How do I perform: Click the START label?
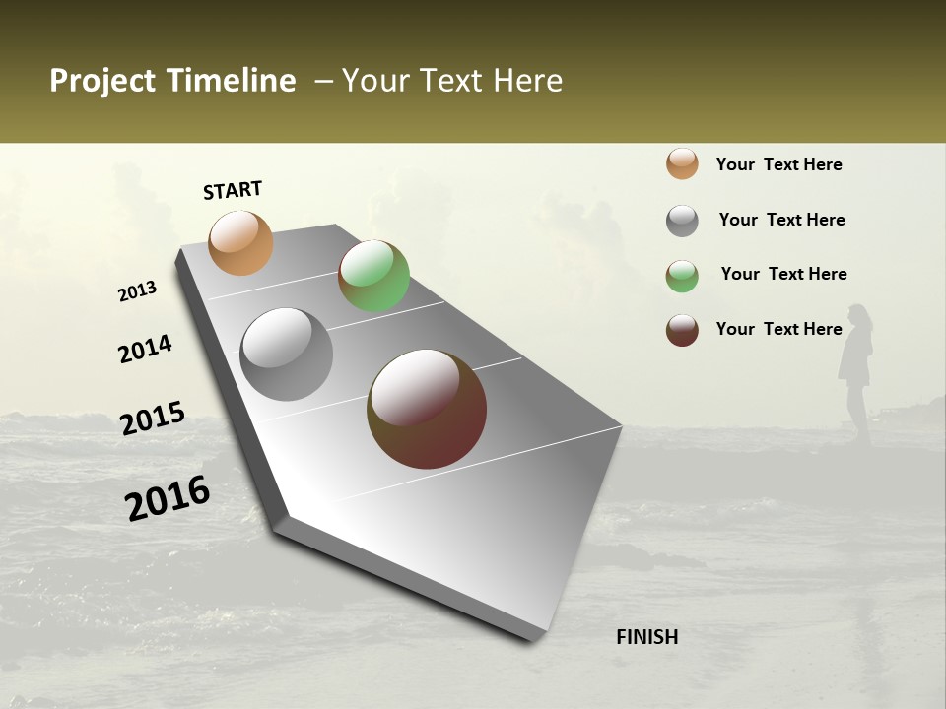(x=233, y=190)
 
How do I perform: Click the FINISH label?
(x=646, y=637)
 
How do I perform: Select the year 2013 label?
(x=138, y=291)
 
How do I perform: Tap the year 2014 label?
(x=146, y=349)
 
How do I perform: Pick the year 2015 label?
(x=153, y=419)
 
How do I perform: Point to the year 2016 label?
(x=168, y=498)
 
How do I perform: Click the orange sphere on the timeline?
(x=240, y=242)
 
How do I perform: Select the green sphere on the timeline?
(x=373, y=276)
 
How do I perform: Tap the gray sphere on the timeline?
(x=287, y=354)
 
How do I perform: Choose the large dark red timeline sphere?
(x=427, y=409)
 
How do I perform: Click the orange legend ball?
(x=682, y=163)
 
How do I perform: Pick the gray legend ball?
(x=682, y=221)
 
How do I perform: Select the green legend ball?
(x=682, y=276)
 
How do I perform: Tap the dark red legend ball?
(x=682, y=330)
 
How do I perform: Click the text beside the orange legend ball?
(x=778, y=165)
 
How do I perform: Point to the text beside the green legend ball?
(x=783, y=274)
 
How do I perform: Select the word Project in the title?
(x=101, y=81)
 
